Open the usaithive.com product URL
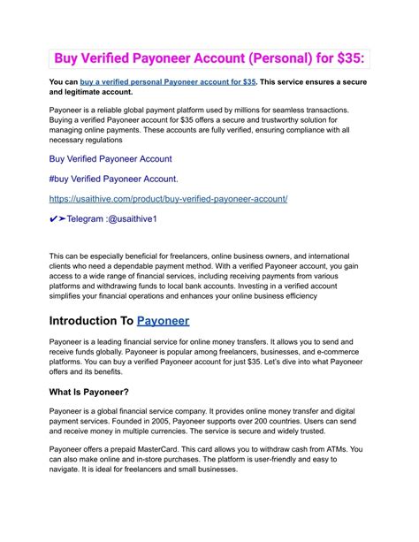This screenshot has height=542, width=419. (168, 199)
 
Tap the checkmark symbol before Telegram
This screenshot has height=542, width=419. (55, 218)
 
